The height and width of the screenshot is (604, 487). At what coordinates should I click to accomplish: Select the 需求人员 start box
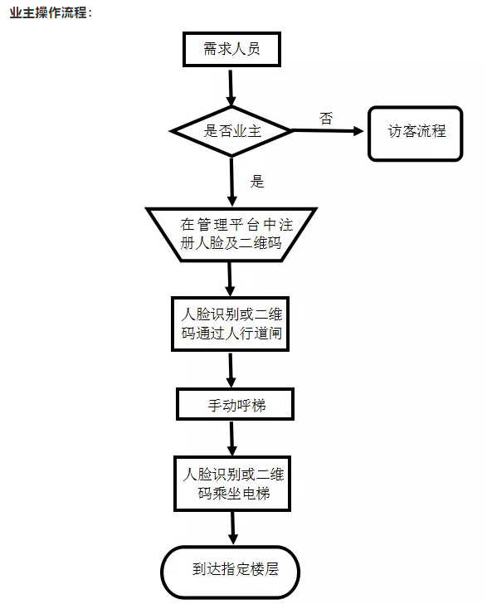(231, 49)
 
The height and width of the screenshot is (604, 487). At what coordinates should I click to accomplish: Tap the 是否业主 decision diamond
(231, 131)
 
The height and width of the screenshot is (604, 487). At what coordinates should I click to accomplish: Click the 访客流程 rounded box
(416, 131)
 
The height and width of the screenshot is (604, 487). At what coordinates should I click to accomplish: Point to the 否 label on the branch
(325, 118)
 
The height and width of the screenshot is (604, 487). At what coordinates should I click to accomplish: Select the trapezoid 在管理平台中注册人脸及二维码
(231, 233)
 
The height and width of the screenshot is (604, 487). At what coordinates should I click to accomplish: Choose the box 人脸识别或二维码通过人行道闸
(232, 324)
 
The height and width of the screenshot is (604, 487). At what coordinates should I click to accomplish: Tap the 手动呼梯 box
(232, 405)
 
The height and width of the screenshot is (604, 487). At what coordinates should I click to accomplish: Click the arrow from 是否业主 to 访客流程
(329, 132)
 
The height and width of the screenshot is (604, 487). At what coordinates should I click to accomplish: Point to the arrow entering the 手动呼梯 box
(231, 370)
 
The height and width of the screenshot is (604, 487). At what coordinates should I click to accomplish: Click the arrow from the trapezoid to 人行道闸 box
(231, 280)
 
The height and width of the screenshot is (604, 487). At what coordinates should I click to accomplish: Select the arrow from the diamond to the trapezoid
(231, 183)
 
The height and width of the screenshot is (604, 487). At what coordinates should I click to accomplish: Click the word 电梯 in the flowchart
(251, 495)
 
